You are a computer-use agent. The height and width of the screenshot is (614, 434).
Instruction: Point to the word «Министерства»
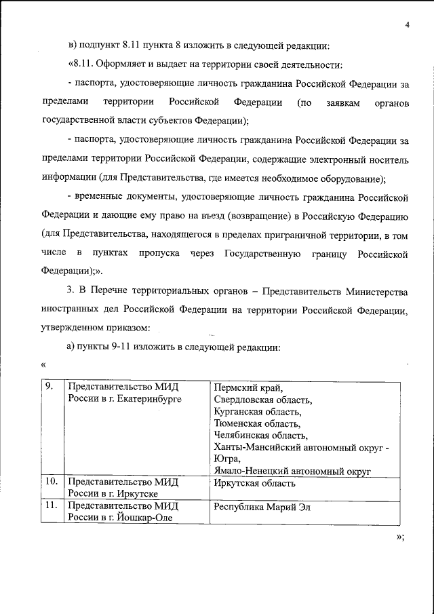point(376,292)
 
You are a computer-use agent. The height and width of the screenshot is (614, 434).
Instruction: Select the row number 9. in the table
point(50,386)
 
